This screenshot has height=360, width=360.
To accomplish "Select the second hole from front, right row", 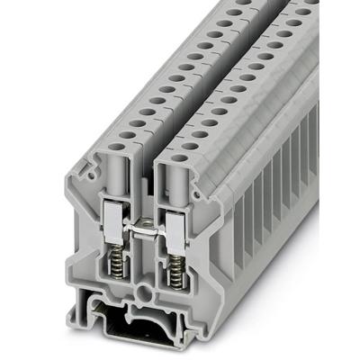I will coord(193,143).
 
